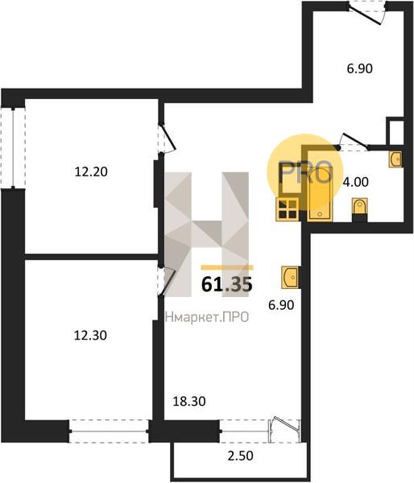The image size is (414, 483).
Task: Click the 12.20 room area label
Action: pyautogui.click(x=91, y=172)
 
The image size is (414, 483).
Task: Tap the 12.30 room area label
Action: pyautogui.click(x=90, y=335)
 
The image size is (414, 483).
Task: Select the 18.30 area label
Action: pyautogui.click(x=189, y=402)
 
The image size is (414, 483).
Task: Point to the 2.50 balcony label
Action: pyautogui.click(x=241, y=456)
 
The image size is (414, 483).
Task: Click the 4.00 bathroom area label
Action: pyautogui.click(x=355, y=182)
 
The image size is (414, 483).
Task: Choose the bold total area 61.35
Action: pyautogui.click(x=227, y=284)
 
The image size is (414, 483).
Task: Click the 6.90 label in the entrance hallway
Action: pyautogui.click(x=360, y=68)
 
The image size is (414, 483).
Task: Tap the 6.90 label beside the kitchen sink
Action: pyautogui.click(x=281, y=305)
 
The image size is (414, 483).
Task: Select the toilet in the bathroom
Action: pyautogui.click(x=360, y=209)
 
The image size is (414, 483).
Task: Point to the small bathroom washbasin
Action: pyautogui.click(x=395, y=159)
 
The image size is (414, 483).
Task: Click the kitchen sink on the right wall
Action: pyautogui.click(x=290, y=278)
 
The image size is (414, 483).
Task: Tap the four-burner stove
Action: pyautogui.click(x=288, y=209)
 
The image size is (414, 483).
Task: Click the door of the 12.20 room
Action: pyautogui.click(x=167, y=138)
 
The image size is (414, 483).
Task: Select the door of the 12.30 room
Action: pyautogui.click(x=166, y=282)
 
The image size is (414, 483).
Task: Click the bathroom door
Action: pyautogui.click(x=354, y=142)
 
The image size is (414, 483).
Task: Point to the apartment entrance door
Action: pyautogui.click(x=367, y=13)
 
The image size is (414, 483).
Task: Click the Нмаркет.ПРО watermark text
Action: pyautogui.click(x=207, y=317)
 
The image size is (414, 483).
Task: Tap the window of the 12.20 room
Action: pyautogui.click(x=13, y=148)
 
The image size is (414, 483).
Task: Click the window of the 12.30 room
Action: pyautogui.click(x=109, y=431)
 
